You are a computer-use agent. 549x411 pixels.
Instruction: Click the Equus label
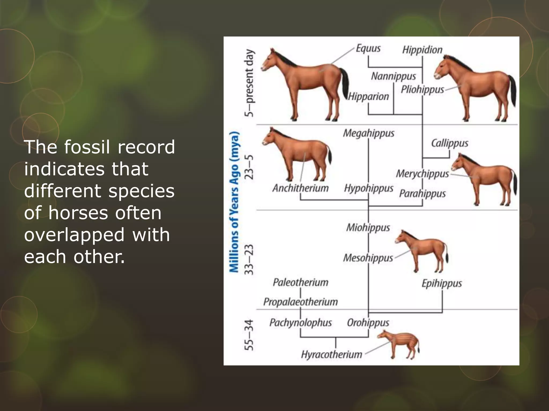(x=368, y=49)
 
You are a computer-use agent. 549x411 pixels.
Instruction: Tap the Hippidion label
(x=422, y=50)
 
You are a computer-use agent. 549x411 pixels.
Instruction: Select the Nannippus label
(x=393, y=77)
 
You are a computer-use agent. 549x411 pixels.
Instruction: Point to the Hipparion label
(x=368, y=97)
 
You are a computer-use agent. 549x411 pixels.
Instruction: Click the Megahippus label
(x=369, y=133)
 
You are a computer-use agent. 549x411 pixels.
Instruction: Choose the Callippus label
(x=450, y=143)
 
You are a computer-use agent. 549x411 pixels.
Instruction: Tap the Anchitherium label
(x=301, y=188)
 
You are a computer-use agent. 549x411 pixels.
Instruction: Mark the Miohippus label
(x=368, y=228)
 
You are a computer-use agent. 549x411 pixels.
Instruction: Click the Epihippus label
(x=442, y=283)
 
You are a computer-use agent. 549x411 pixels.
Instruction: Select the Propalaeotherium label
(x=301, y=302)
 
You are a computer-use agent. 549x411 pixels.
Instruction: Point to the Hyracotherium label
(x=332, y=355)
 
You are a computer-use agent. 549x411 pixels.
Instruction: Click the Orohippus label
(x=368, y=323)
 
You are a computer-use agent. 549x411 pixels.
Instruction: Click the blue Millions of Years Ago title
(x=234, y=202)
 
